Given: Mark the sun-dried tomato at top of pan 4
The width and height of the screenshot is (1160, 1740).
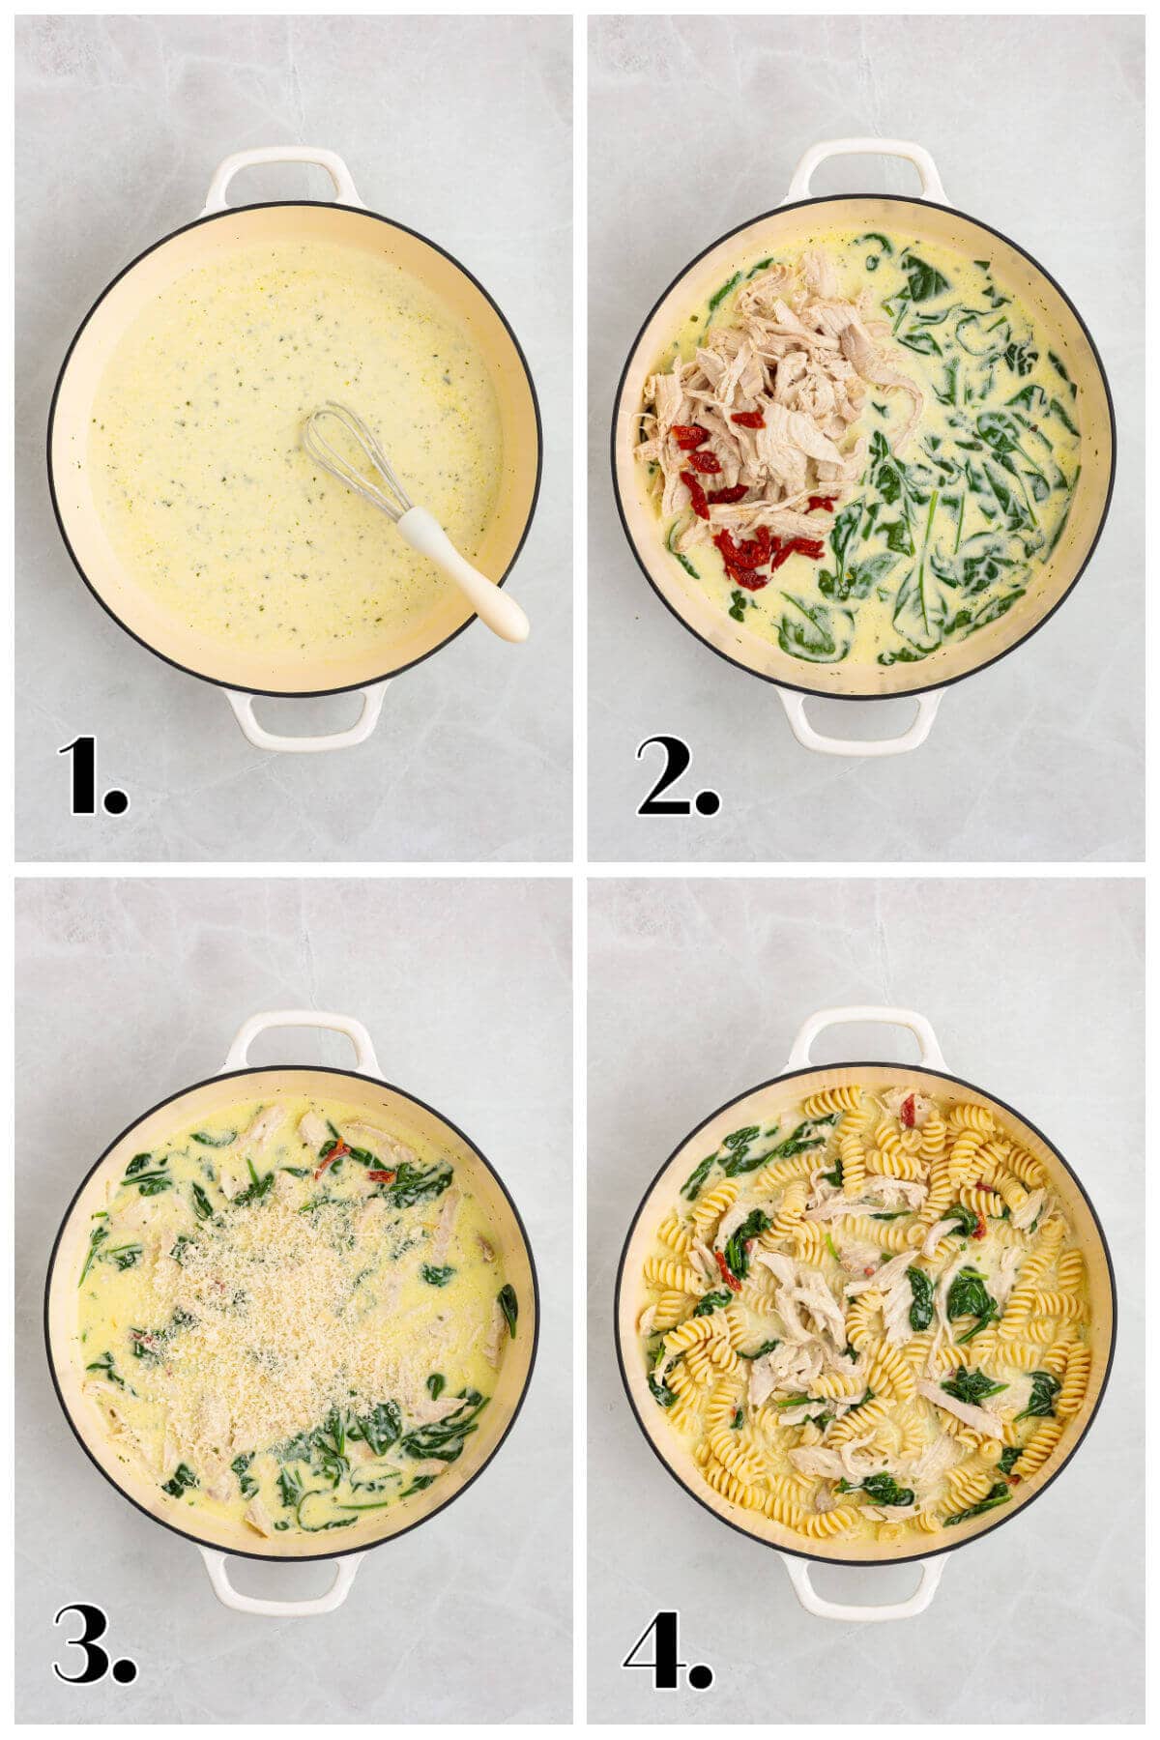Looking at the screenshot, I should pos(909,1112).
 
